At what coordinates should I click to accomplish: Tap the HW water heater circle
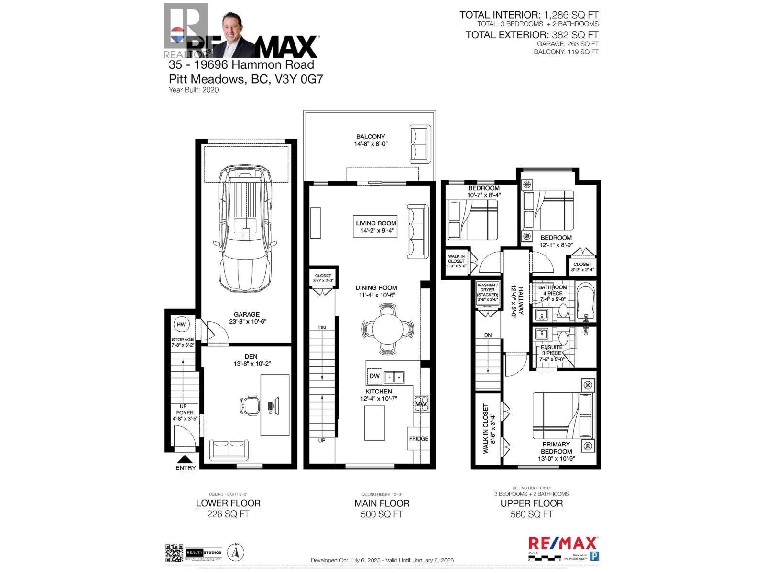point(181,325)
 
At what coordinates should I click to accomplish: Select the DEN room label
point(251,356)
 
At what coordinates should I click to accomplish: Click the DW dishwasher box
point(374,376)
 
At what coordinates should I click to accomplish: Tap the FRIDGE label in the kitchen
point(418,438)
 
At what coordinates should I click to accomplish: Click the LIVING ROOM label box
point(376,227)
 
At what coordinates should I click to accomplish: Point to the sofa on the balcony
point(419,144)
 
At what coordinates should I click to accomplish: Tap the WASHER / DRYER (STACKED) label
point(487,292)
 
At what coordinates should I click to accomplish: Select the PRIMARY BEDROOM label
point(556,448)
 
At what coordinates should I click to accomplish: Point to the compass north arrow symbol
point(235,553)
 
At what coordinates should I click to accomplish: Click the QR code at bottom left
point(174,553)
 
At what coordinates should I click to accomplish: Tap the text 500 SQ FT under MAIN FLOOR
point(382,514)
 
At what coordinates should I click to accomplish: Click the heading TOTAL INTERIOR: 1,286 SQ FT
point(529,15)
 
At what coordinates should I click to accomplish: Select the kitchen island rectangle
point(374,423)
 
